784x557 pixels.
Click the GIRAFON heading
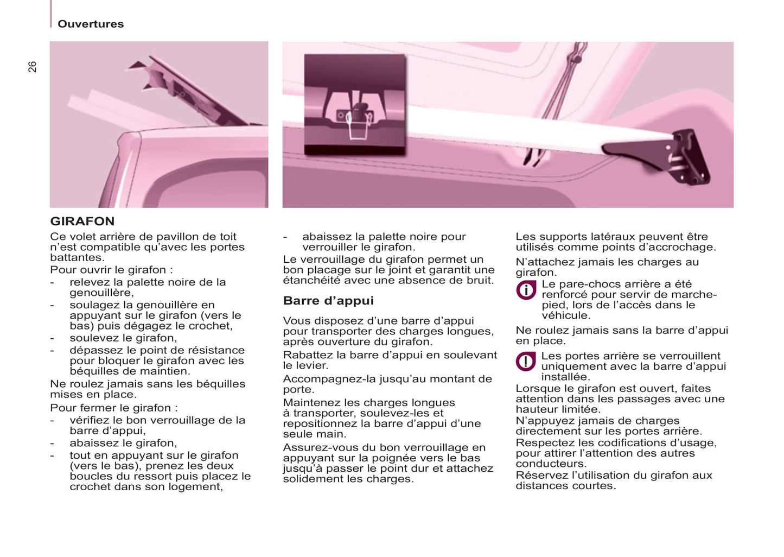(x=82, y=221)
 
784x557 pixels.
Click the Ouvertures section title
(x=91, y=24)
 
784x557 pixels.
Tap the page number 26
(x=33, y=67)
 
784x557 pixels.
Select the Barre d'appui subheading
(x=328, y=301)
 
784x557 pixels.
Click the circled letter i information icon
(x=526, y=290)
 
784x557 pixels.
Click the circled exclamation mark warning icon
(x=526, y=362)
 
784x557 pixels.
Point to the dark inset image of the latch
(x=355, y=104)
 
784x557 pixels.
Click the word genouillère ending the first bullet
(x=100, y=293)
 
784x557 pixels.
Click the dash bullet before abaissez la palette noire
(x=285, y=237)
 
